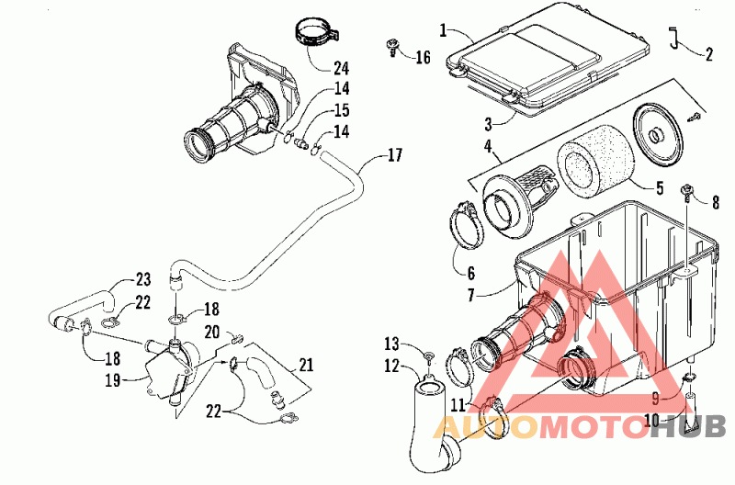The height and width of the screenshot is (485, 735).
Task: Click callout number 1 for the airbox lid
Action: pos(444,31)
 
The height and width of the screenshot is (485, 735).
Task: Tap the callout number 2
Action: pos(709,54)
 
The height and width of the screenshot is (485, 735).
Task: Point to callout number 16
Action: pos(422,58)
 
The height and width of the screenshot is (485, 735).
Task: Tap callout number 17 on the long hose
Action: pos(394,155)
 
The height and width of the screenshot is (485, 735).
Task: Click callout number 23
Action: pos(142,278)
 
